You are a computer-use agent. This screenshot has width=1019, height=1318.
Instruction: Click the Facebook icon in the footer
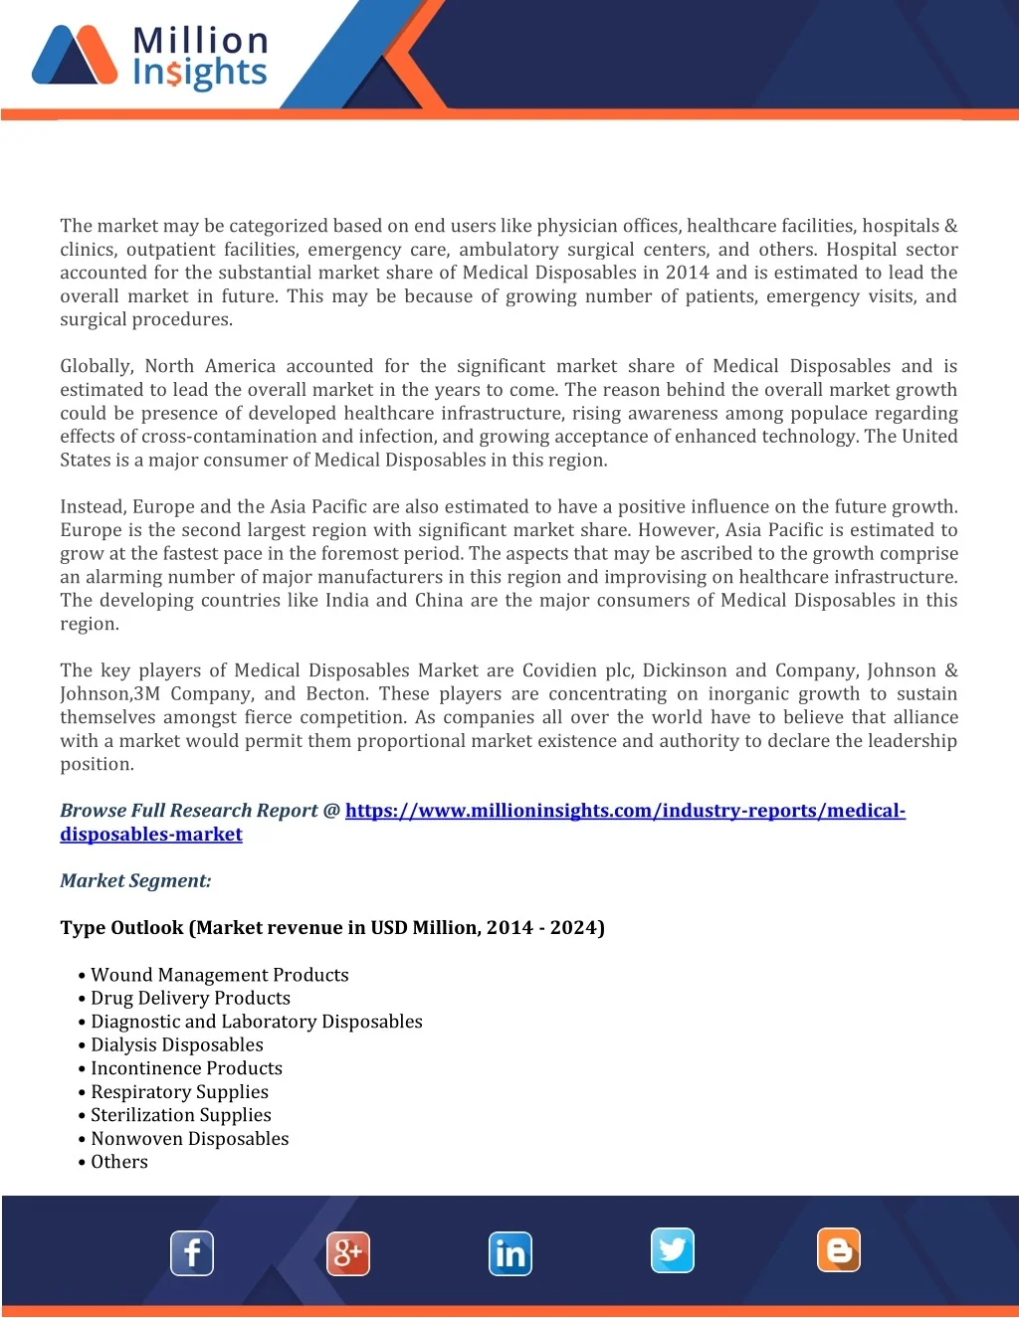pyautogui.click(x=192, y=1253)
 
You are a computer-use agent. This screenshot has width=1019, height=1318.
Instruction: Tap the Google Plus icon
pyautogui.click(x=348, y=1253)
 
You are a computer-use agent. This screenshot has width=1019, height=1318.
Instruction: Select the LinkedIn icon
pyautogui.click(x=510, y=1253)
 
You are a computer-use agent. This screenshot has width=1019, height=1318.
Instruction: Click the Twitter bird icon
pyautogui.click(x=673, y=1250)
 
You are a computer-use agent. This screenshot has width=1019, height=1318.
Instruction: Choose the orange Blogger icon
pyautogui.click(x=839, y=1250)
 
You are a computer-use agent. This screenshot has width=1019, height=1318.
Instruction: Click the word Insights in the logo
pyautogui.click(x=200, y=73)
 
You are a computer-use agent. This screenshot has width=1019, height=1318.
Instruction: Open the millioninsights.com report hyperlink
pyautogui.click(x=624, y=811)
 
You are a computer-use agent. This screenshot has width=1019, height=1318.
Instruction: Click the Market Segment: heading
pyautogui.click(x=135, y=880)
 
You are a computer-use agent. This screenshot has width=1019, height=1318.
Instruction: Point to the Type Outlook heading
pyautogui.click(x=332, y=928)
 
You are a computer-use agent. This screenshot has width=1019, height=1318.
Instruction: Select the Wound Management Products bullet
pyautogui.click(x=220, y=975)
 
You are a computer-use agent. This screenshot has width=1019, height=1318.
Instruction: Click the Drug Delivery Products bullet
pyautogui.click(x=190, y=998)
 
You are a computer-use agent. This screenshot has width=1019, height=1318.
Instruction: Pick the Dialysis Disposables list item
pyautogui.click(x=177, y=1044)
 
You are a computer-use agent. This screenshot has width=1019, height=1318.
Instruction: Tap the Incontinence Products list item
pyautogui.click(x=186, y=1068)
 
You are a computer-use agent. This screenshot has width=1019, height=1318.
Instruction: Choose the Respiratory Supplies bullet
pyautogui.click(x=179, y=1091)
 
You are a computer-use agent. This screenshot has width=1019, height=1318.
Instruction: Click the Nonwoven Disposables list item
pyautogui.click(x=189, y=1139)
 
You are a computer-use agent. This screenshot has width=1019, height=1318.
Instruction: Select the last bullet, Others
pyautogui.click(x=119, y=1162)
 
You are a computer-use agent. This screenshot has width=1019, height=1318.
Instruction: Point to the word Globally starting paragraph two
pyautogui.click(x=96, y=366)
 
